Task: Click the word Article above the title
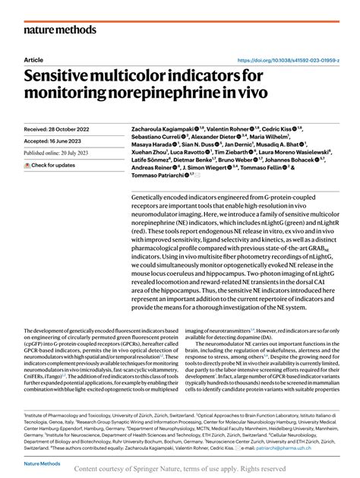pyautogui.click(x=33, y=60)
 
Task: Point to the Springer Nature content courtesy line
pyautogui.click(x=180, y=471)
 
